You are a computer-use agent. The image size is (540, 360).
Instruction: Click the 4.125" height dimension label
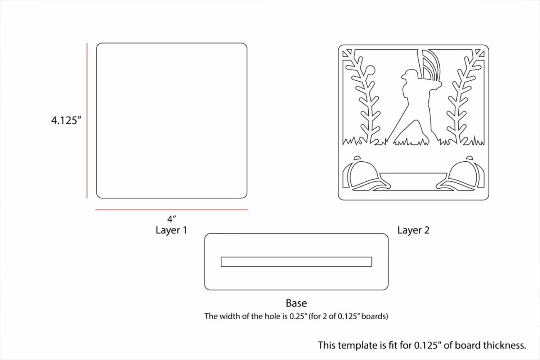pos(66,120)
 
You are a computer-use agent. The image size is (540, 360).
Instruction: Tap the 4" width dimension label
pos(172,219)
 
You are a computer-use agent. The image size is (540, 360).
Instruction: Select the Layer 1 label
pos(171,230)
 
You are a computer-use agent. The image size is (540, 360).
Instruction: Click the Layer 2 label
pos(413,230)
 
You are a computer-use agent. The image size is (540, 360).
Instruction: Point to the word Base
pos(296,303)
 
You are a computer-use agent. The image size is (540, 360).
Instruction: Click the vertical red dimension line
pos(87,121)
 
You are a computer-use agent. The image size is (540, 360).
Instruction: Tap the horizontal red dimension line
pos(172,210)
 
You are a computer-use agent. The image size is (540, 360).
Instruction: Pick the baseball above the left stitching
pos(370,70)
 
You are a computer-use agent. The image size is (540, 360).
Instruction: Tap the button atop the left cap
pos(357,158)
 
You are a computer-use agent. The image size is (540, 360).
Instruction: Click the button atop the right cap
pos(469,158)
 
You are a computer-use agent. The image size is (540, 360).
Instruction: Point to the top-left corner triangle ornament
pos(347,53)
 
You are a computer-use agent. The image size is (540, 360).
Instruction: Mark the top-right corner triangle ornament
pos(480,53)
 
